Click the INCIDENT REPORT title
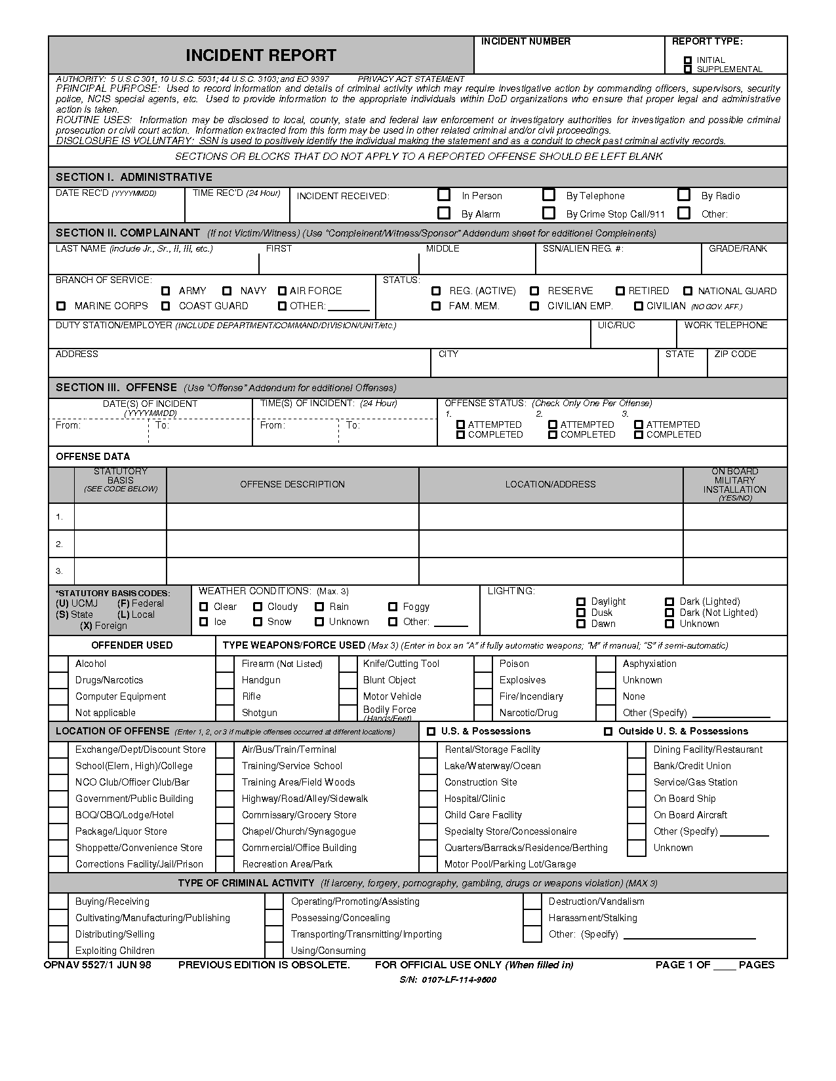[x=260, y=55]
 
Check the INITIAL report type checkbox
[x=688, y=60]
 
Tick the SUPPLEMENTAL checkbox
[x=688, y=69]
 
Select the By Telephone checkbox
[x=549, y=195]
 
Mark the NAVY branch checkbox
[x=227, y=291]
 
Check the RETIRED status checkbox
[x=620, y=291]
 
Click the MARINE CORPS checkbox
[x=61, y=306]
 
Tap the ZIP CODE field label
[x=735, y=354]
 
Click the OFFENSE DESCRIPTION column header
[x=292, y=485]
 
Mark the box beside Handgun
[x=225, y=680]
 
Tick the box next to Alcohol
[x=58, y=664]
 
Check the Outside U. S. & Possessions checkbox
[x=608, y=732]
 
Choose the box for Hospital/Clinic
[x=428, y=799]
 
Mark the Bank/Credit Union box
[x=636, y=766]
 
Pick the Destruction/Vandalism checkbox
[x=532, y=901]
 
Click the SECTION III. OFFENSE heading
[x=116, y=388]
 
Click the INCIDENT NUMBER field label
[x=525, y=42]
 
